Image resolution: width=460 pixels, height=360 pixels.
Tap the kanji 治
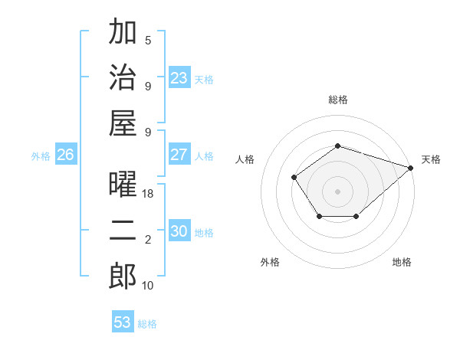click(123, 78)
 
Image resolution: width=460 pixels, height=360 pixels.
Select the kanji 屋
click(123, 123)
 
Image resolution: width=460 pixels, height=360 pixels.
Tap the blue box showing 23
click(179, 78)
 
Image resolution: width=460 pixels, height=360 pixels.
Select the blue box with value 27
click(179, 155)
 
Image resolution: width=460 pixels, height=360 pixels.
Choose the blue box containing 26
click(65, 155)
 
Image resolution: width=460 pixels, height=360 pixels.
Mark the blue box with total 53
click(123, 322)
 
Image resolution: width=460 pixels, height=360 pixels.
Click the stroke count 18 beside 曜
click(148, 195)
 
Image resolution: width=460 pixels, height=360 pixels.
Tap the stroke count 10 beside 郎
click(148, 285)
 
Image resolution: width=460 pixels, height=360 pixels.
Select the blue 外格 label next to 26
click(41, 156)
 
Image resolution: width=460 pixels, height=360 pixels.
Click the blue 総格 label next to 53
click(147, 324)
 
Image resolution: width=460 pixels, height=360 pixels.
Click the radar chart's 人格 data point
click(294, 178)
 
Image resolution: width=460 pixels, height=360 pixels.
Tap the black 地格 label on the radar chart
click(402, 262)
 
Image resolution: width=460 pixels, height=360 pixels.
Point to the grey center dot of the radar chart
click(337, 191)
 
